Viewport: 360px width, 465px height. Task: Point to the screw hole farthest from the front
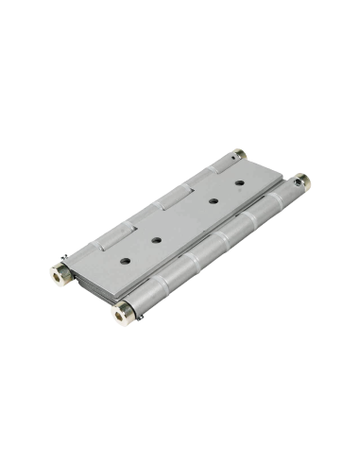click(x=239, y=181)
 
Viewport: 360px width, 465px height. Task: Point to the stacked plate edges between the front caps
click(x=90, y=288)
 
